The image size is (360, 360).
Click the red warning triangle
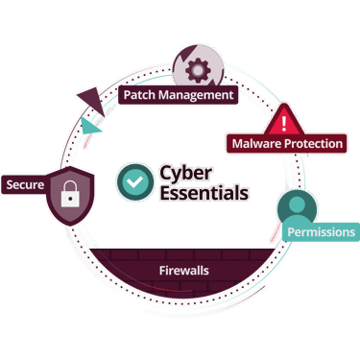click(x=285, y=122)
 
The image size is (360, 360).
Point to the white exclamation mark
click(x=285, y=122)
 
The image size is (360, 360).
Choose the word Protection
click(x=313, y=144)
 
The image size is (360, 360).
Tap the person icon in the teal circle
click(x=297, y=206)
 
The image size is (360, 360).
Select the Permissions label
click(x=322, y=232)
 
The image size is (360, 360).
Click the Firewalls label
click(x=183, y=271)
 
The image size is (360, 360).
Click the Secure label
click(x=25, y=183)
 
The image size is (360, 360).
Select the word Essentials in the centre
click(x=204, y=192)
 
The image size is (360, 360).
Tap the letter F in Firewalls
click(x=161, y=271)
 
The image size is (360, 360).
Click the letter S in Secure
click(x=10, y=183)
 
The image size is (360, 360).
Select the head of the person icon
click(x=297, y=201)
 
